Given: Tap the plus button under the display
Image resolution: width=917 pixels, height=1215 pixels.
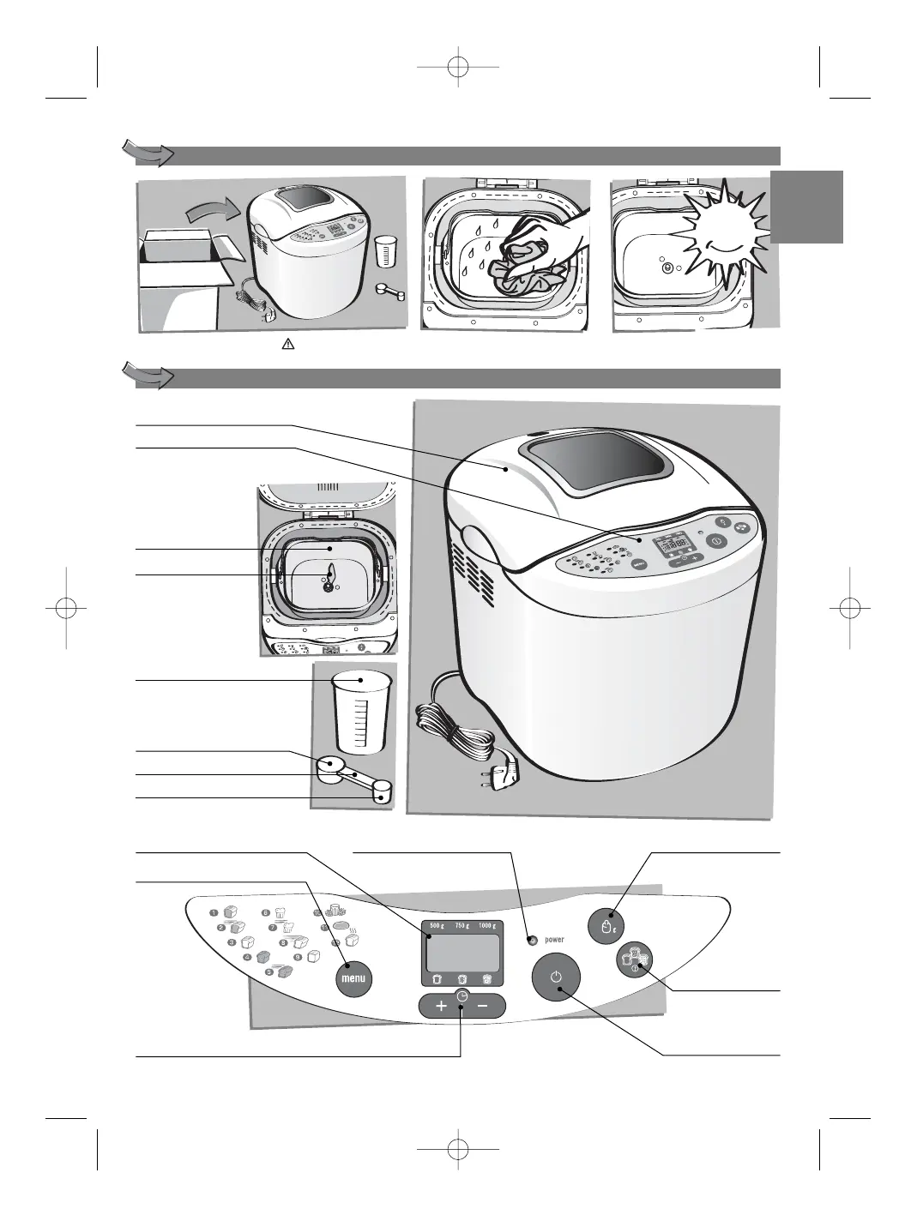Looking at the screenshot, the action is click(x=440, y=1007).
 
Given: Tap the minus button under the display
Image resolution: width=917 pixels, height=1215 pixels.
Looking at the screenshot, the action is click(x=483, y=1007).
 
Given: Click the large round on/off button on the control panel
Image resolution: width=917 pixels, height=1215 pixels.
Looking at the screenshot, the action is click(x=556, y=977).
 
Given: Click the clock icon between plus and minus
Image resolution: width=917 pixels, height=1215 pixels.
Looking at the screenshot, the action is click(x=462, y=996).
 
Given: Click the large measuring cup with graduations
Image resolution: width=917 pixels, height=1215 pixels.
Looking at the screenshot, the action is click(x=360, y=713).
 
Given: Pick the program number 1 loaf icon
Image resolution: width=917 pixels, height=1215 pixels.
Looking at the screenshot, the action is click(x=228, y=913).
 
